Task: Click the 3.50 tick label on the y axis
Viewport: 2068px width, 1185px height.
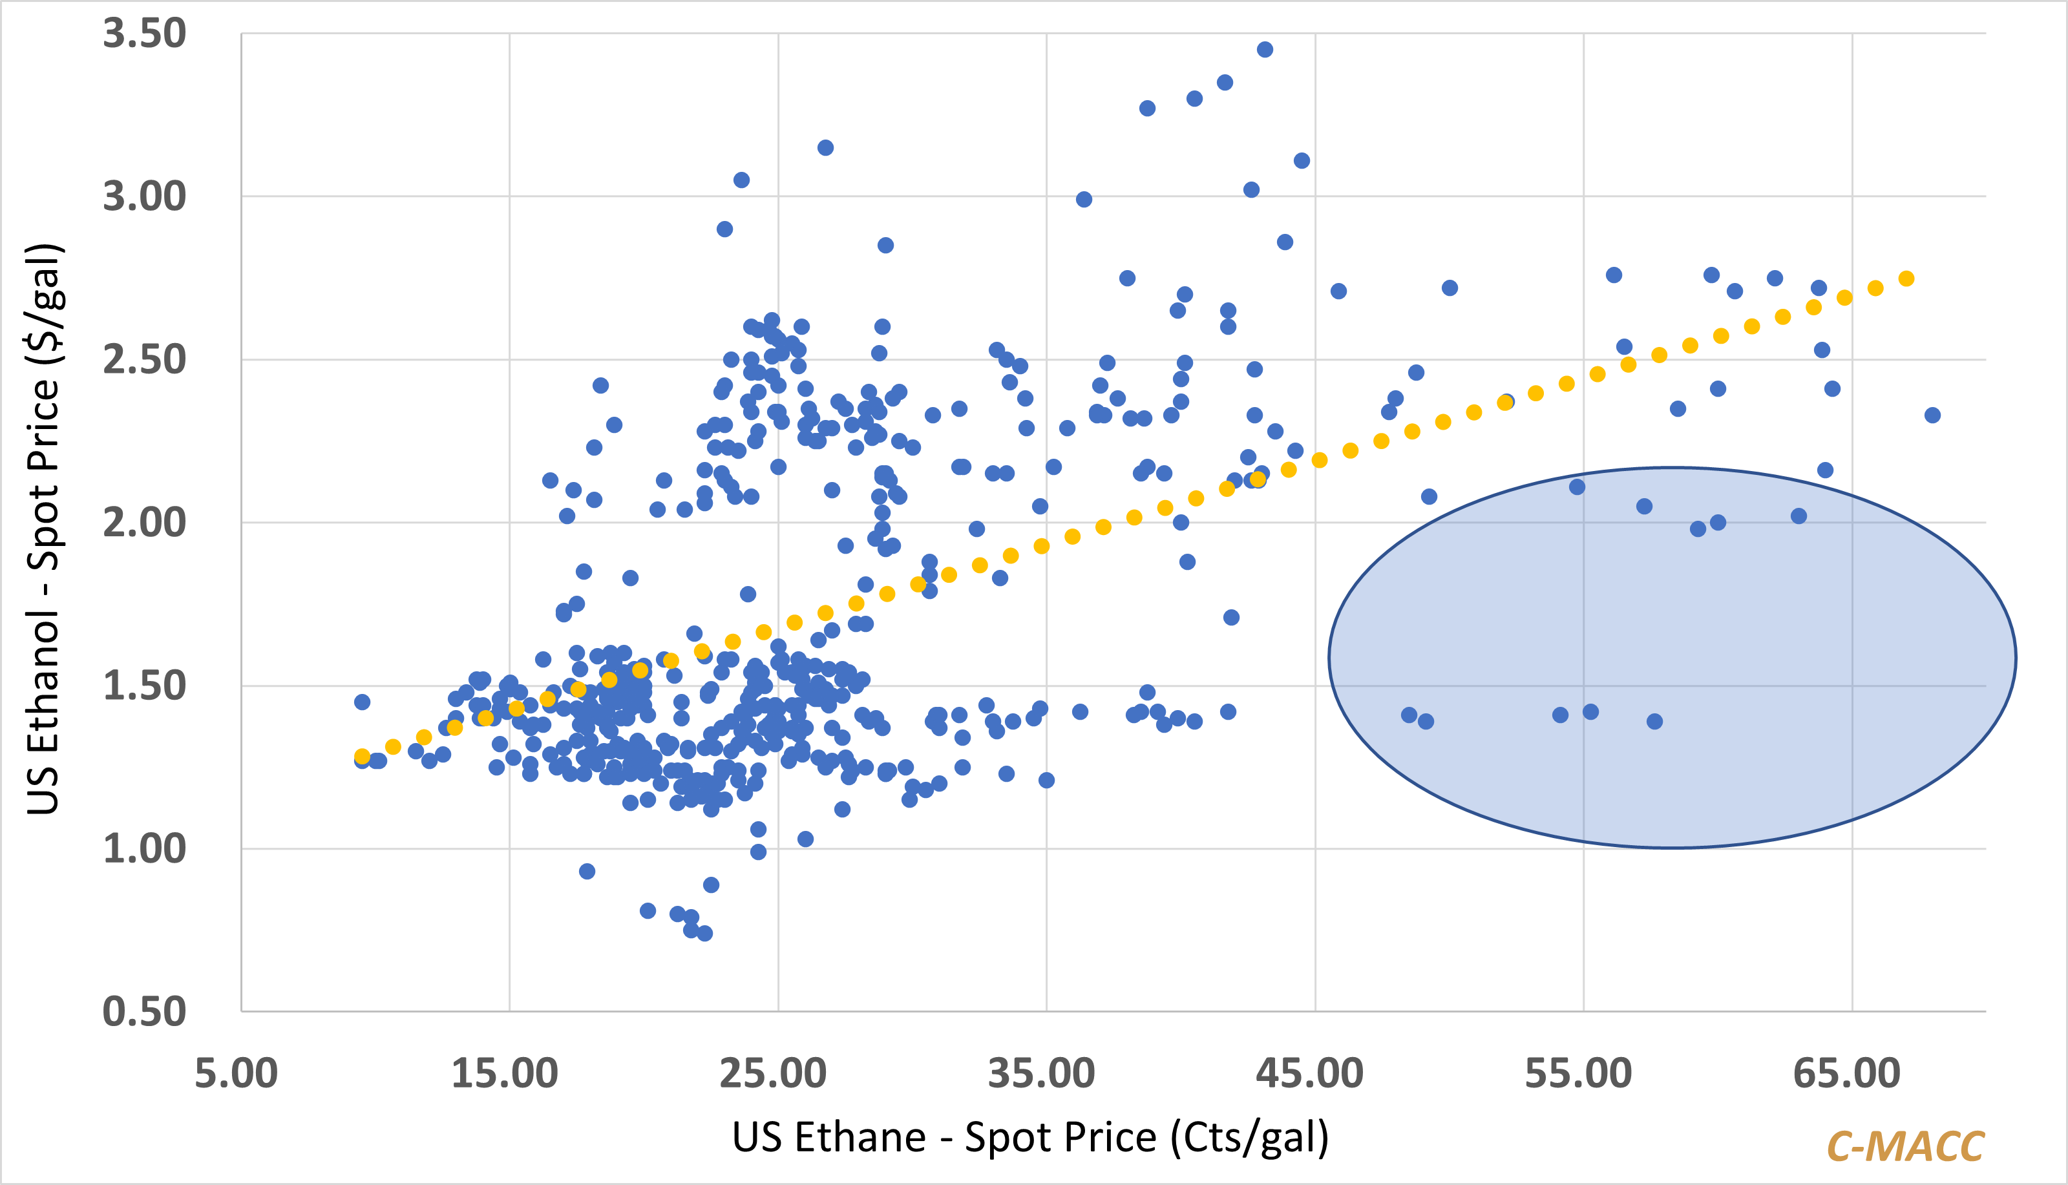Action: pos(144,34)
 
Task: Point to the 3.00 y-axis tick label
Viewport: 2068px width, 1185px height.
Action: pos(144,197)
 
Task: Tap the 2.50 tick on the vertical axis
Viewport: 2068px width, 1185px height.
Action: pos(144,360)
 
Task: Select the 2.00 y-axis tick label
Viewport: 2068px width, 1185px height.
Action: pos(144,523)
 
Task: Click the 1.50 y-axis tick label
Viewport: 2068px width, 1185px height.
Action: pos(144,686)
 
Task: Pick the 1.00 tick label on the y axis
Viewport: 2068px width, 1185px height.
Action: pos(144,849)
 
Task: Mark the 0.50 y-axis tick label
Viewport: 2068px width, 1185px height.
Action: pos(144,1012)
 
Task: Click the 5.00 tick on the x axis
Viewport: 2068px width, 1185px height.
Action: pos(236,1073)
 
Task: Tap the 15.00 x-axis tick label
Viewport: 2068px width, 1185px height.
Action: pos(505,1073)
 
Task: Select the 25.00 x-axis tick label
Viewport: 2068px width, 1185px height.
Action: pos(773,1073)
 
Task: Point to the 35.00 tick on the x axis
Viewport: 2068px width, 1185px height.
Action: pos(1042,1073)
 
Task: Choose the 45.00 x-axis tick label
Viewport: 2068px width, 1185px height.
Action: pos(1311,1073)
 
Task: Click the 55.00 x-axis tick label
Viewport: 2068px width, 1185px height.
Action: pos(1579,1073)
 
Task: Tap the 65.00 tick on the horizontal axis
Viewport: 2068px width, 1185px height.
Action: pos(1848,1073)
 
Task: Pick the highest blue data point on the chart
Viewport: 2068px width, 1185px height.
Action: pos(1265,50)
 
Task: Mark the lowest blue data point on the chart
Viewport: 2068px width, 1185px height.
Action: pos(705,934)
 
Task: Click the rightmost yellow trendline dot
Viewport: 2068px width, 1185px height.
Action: pos(1906,278)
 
